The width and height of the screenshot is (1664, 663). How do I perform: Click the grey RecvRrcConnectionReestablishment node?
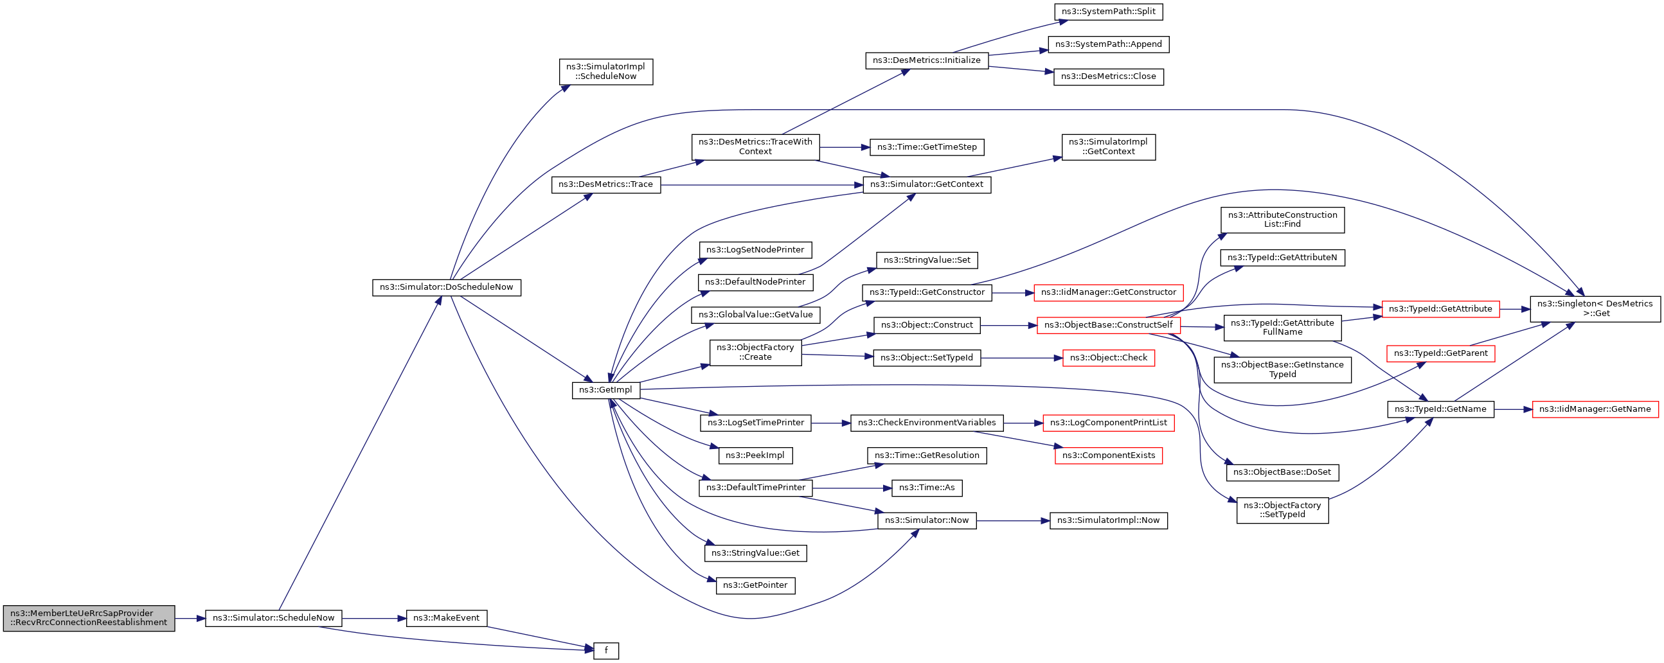[89, 618]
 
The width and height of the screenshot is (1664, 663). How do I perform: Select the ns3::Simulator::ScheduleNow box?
[273, 618]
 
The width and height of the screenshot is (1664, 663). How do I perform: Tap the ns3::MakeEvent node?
[446, 618]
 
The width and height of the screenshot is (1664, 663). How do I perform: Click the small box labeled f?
[606, 651]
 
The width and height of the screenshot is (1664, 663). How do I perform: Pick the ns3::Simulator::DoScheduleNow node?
[446, 287]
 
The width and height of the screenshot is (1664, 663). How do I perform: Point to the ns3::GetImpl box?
[606, 390]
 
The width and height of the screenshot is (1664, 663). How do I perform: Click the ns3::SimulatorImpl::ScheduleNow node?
[606, 72]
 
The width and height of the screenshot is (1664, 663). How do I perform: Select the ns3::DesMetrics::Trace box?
[606, 184]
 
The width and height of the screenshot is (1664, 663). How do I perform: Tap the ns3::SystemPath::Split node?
[1109, 12]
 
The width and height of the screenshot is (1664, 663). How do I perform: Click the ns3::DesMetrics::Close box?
[1109, 77]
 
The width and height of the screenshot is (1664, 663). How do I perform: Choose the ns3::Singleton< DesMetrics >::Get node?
[1595, 308]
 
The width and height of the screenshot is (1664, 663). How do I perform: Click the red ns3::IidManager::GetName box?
[1595, 409]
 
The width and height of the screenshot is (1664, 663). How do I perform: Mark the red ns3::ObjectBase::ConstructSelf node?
[1109, 325]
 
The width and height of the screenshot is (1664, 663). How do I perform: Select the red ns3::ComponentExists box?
[1109, 455]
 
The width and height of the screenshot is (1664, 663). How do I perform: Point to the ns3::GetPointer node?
[755, 585]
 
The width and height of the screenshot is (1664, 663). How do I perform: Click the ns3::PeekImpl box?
[755, 455]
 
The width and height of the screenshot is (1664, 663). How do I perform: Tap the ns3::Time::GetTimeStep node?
[927, 147]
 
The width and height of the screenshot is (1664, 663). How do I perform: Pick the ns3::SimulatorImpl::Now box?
[1109, 520]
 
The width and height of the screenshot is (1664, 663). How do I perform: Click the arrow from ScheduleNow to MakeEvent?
[374, 619]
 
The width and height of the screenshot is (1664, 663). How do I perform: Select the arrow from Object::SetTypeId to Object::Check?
[1022, 358]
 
